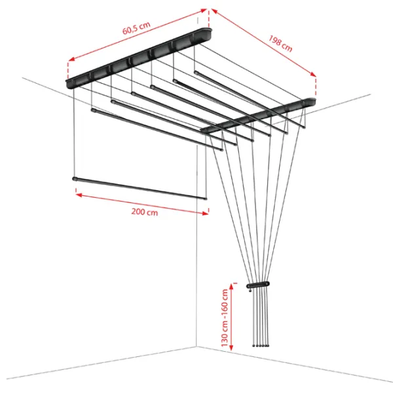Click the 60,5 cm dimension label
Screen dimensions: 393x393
tap(136, 28)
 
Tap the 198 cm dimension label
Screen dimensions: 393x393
tap(280, 43)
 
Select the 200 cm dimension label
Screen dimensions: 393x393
tap(145, 212)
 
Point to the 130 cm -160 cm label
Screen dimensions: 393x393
tap(225, 318)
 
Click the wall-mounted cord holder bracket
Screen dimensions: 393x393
tap(258, 285)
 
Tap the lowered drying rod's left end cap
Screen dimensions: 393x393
tap(75, 179)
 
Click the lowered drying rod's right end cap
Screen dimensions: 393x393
tap(206, 198)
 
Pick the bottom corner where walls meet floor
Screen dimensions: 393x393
tap(196, 347)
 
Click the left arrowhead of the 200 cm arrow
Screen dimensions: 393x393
tap(79, 195)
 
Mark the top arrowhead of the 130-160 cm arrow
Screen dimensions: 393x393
tap(231, 287)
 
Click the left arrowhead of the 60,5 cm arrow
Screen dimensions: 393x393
tap(71, 59)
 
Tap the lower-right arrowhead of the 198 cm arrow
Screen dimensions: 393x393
tap(313, 74)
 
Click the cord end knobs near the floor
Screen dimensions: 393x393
tap(261, 346)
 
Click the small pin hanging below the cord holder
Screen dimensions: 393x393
tap(250, 290)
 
